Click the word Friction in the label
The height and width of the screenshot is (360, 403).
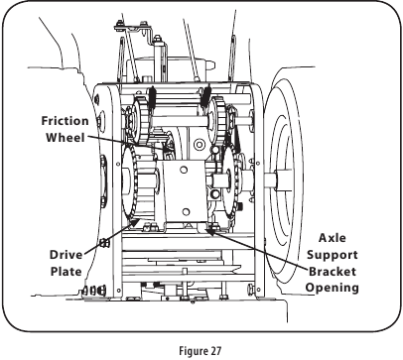click(x=66, y=121)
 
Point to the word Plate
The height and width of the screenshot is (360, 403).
click(x=66, y=270)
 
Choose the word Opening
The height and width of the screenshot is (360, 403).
click(x=332, y=288)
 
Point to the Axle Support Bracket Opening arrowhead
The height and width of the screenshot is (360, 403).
click(x=211, y=229)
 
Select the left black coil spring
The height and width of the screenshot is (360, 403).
click(x=154, y=100)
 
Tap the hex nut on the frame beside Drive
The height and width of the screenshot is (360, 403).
click(x=103, y=243)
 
